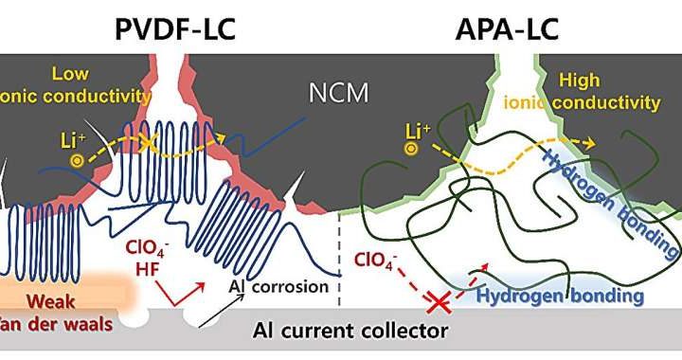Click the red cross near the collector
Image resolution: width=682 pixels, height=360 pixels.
point(438,302)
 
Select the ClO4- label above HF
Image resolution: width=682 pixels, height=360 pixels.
point(146,251)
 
